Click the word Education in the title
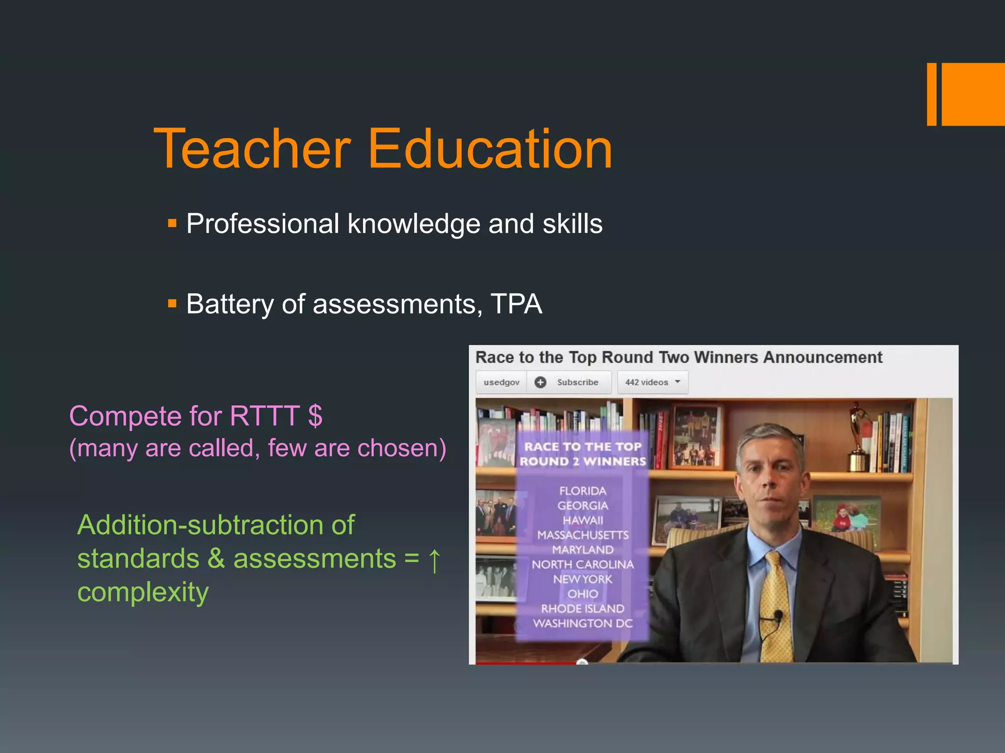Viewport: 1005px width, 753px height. point(490,149)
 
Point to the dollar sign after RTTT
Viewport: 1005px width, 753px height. point(315,416)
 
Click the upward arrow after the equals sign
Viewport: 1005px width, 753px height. point(434,559)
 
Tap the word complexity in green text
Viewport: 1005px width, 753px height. point(143,592)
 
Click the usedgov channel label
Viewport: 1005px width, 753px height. point(501,382)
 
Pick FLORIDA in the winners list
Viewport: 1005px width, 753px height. point(582,491)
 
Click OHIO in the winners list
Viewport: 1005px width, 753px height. point(582,594)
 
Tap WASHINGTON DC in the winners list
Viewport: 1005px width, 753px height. point(582,623)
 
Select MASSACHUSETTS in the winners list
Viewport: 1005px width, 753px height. point(582,535)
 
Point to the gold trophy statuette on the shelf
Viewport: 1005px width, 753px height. point(858,436)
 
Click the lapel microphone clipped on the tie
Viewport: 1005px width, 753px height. point(778,615)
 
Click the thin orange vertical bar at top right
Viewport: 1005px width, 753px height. point(931,94)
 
